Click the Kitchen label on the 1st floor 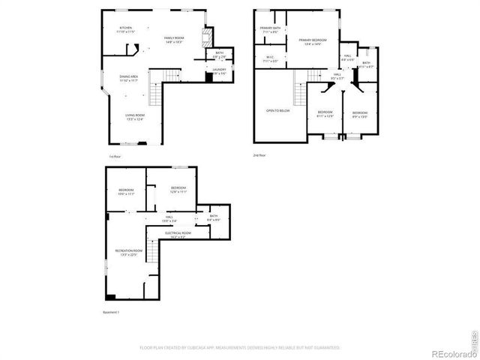[x=124, y=31]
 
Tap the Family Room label [x=175, y=40]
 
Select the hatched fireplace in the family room [x=209, y=38]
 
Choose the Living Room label [x=134, y=116]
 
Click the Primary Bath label [x=270, y=30]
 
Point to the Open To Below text [x=277, y=111]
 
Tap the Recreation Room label [x=125, y=252]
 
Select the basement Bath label [x=214, y=218]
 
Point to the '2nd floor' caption [x=259, y=155]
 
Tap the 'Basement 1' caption [x=111, y=312]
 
